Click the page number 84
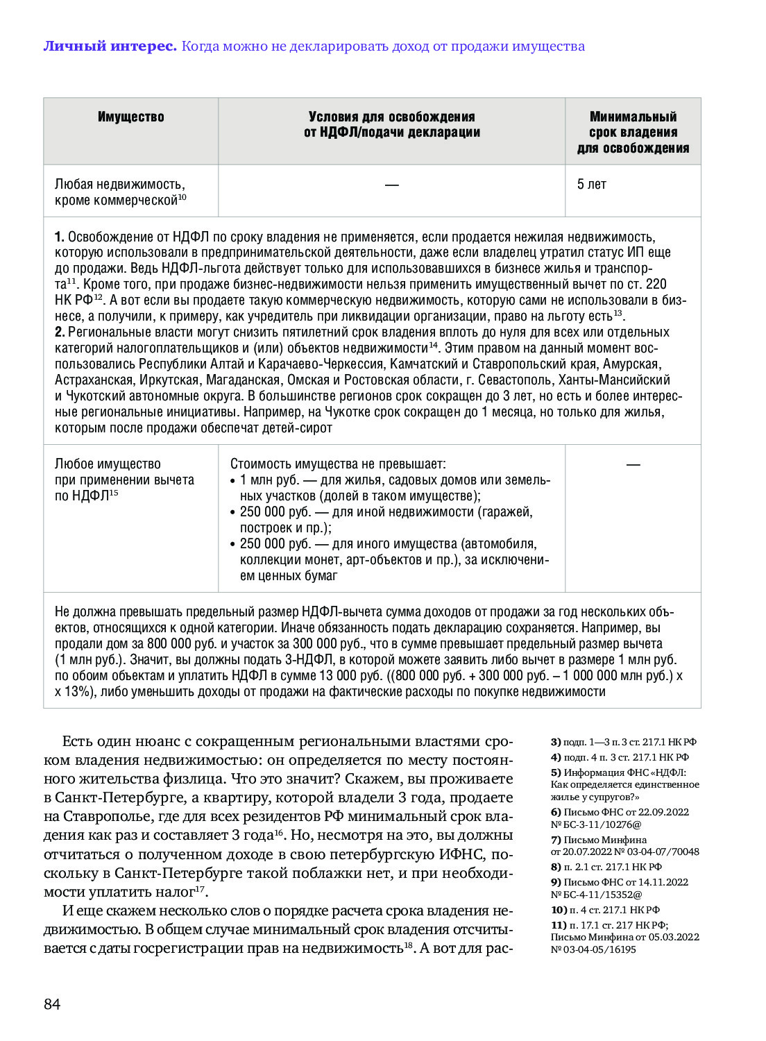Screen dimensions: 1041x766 coord(52,1004)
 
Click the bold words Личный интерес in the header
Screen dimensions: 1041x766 coord(110,46)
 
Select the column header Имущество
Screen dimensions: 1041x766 coord(130,117)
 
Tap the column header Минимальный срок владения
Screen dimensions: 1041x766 coord(633,132)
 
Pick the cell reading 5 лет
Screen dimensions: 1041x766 coord(591,185)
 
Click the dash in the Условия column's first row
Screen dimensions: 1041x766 coord(391,185)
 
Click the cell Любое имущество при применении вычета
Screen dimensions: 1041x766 coord(124,480)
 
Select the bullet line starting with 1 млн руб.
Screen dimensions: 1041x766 coord(394,480)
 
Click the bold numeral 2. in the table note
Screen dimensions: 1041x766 coord(60,332)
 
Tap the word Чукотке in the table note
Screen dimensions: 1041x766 coord(348,412)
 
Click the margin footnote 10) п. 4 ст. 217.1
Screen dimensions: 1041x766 coord(605,910)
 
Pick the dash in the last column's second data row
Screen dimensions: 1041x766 coord(633,464)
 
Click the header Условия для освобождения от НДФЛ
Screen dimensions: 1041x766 coord(391,125)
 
